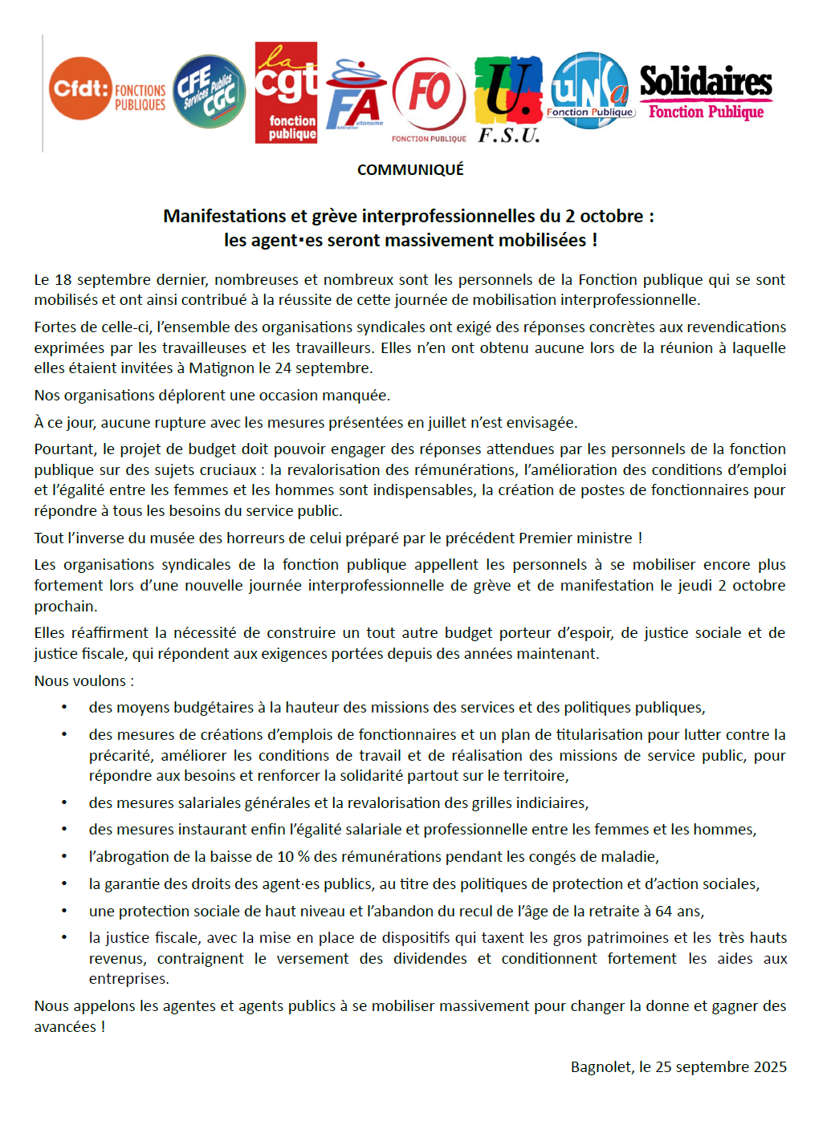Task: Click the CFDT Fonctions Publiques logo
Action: coord(106,90)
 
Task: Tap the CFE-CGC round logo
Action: coord(210,91)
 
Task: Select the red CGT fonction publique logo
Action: coord(286,93)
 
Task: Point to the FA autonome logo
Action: coord(355,95)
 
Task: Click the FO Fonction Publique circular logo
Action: coord(429,96)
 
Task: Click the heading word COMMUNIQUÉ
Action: coord(410,170)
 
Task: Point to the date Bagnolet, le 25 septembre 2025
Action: coord(678,1067)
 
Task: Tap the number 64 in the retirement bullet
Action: coord(663,912)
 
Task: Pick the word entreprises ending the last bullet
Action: coord(128,979)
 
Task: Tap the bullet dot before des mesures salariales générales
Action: coord(64,803)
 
